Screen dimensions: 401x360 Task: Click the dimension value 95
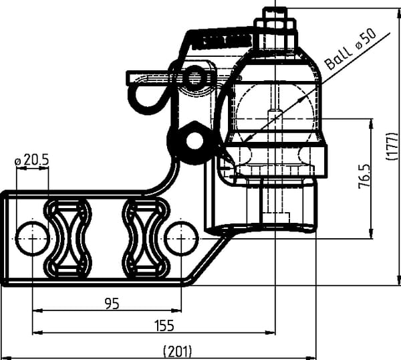pyautogui.click(x=112, y=304)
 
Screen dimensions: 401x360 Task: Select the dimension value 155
pyautogui.click(x=164, y=326)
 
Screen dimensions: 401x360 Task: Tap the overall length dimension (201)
pyautogui.click(x=178, y=351)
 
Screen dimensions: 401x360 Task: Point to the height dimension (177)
pyautogui.click(x=392, y=147)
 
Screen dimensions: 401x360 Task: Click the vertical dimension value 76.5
pyautogui.click(x=364, y=177)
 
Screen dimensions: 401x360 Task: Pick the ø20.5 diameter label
pyautogui.click(x=31, y=161)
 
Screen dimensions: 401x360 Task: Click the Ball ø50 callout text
pyautogui.click(x=351, y=50)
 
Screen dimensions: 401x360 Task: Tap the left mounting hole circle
pyautogui.click(x=31, y=238)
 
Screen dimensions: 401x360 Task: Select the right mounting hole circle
pyautogui.click(x=182, y=238)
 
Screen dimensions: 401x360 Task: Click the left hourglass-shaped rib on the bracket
pyautogui.click(x=68, y=238)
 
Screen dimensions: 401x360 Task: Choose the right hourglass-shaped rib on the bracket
pyautogui.click(x=146, y=238)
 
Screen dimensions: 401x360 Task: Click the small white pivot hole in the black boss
pyautogui.click(x=194, y=141)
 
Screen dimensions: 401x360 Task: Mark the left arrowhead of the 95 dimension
pyautogui.click(x=37, y=310)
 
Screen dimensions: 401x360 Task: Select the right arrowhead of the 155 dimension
pyautogui.click(x=270, y=333)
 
